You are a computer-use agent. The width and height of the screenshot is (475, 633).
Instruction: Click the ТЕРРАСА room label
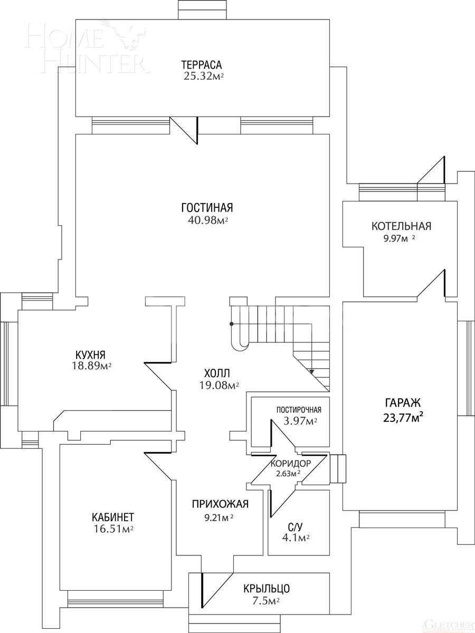(x=201, y=65)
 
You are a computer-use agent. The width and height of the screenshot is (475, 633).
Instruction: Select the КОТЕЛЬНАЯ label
(x=401, y=226)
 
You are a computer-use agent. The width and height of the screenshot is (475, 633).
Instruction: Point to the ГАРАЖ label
(x=403, y=403)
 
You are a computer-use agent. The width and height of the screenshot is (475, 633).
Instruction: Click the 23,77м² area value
(x=403, y=419)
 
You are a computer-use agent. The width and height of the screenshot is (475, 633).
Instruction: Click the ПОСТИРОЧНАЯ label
(x=299, y=410)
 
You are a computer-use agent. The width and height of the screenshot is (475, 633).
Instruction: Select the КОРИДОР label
(x=290, y=463)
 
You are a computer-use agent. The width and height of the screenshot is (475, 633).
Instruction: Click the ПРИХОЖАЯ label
(x=220, y=504)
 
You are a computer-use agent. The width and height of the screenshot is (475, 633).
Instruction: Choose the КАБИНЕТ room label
(x=112, y=516)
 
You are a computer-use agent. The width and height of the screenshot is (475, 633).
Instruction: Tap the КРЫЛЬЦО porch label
(x=266, y=589)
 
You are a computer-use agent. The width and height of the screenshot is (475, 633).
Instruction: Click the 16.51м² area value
(x=112, y=529)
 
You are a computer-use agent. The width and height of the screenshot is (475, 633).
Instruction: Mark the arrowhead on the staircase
(x=311, y=371)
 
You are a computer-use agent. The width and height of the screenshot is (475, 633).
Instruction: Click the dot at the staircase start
(x=231, y=324)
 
